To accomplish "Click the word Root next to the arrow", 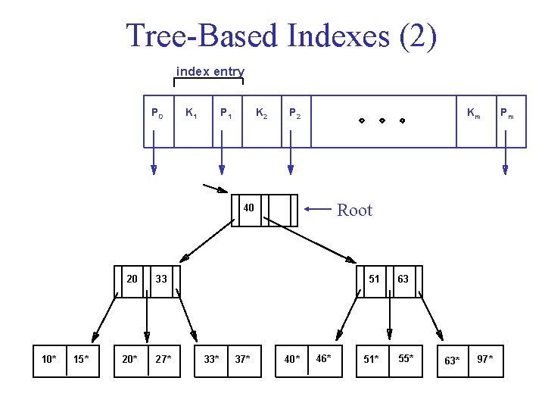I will (354, 211).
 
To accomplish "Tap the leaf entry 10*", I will (49, 359).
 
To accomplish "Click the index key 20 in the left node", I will (132, 279).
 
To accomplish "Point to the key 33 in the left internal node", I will (161, 279).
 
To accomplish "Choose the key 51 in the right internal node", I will (374, 279).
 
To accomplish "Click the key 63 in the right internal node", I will (403, 279).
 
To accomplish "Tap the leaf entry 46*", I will (323, 358).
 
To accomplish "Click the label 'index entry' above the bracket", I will (210, 72).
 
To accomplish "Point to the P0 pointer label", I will (157, 114).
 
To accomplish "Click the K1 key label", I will (192, 114).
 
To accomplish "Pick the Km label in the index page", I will (473, 114).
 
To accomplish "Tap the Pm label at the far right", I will (506, 114).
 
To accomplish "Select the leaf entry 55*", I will (406, 358).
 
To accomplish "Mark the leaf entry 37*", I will (243, 359).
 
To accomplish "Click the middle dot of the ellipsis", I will (381, 120).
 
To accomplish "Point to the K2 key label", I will (261, 114).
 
